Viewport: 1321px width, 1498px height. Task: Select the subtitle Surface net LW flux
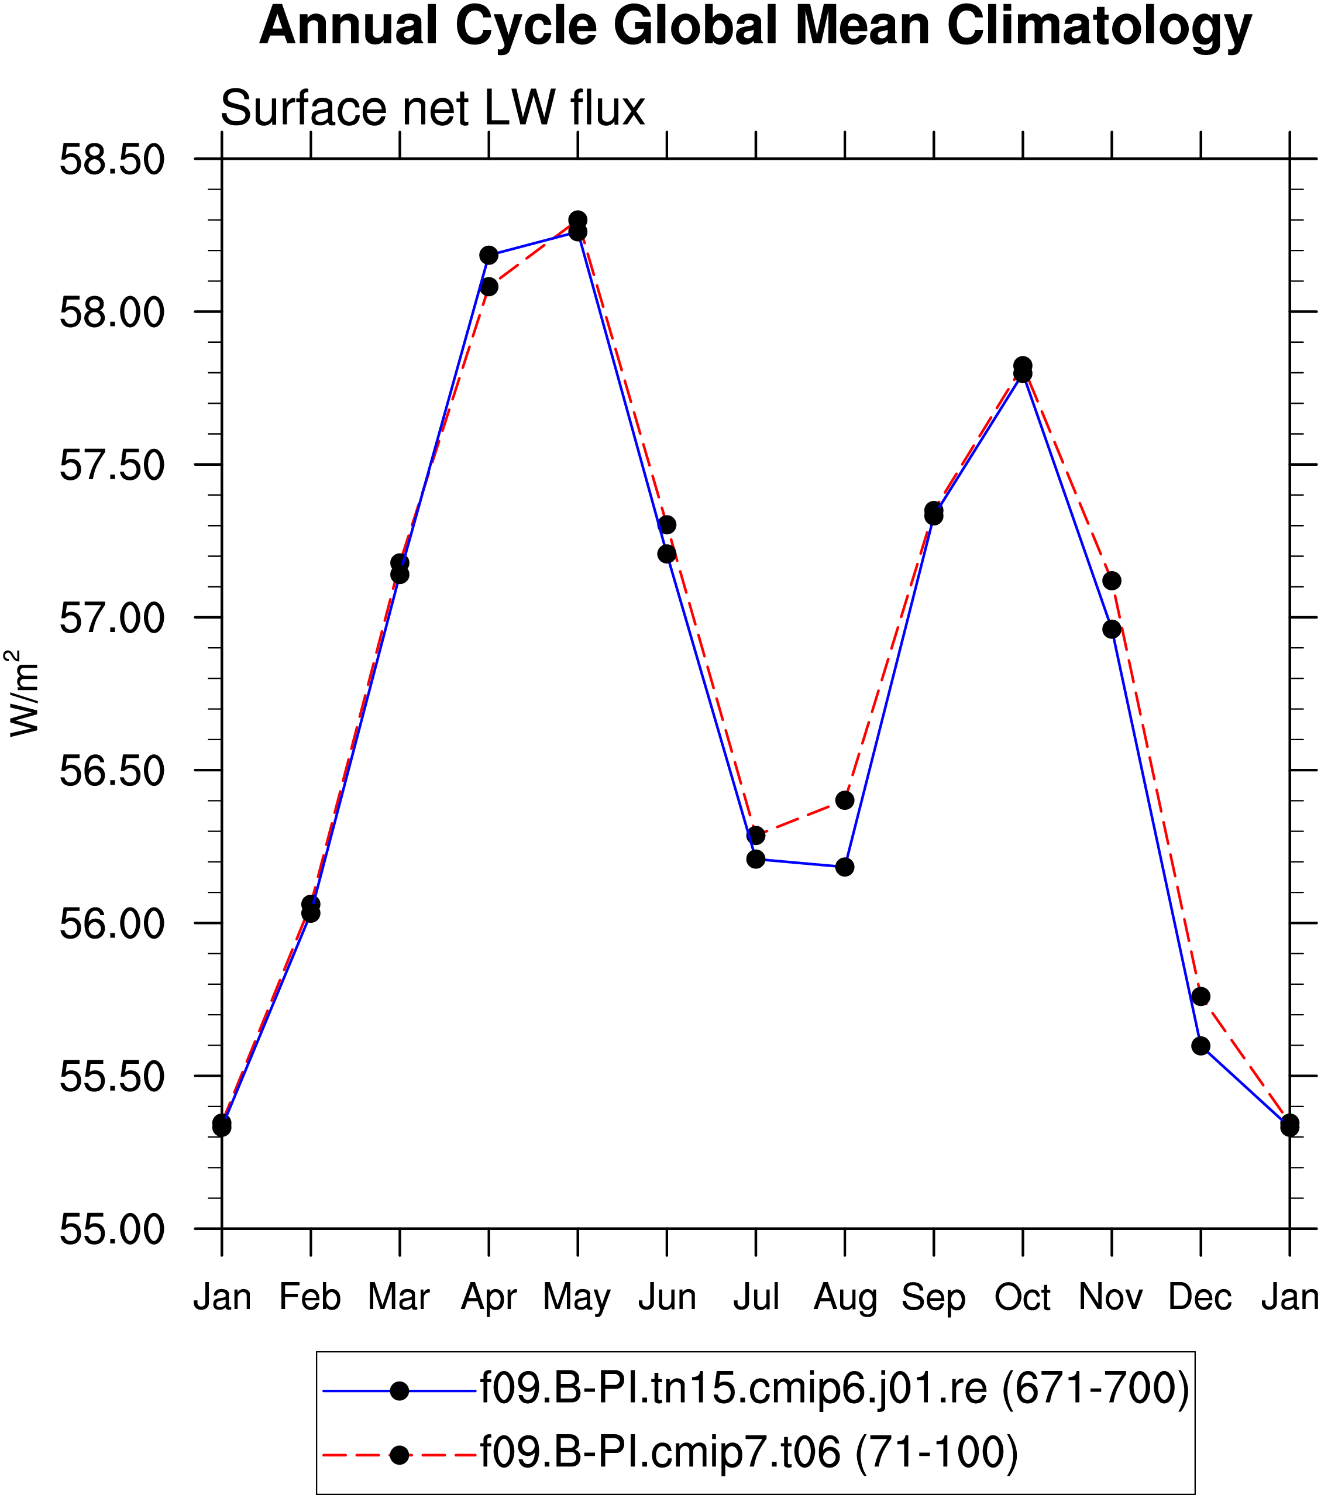[x=432, y=108]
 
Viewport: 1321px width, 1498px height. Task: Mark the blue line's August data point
[x=845, y=867]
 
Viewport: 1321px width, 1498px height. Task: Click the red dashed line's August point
[x=845, y=799]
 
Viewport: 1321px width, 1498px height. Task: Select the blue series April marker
[x=489, y=255]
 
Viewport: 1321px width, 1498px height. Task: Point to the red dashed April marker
[x=489, y=287]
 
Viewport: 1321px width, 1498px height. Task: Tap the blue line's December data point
[x=1201, y=1046]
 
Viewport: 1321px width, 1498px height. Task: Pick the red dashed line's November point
[x=1112, y=581]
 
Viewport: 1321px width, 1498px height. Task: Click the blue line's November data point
[x=1112, y=629]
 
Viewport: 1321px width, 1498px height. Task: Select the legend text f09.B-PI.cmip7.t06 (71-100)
[x=749, y=1452]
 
